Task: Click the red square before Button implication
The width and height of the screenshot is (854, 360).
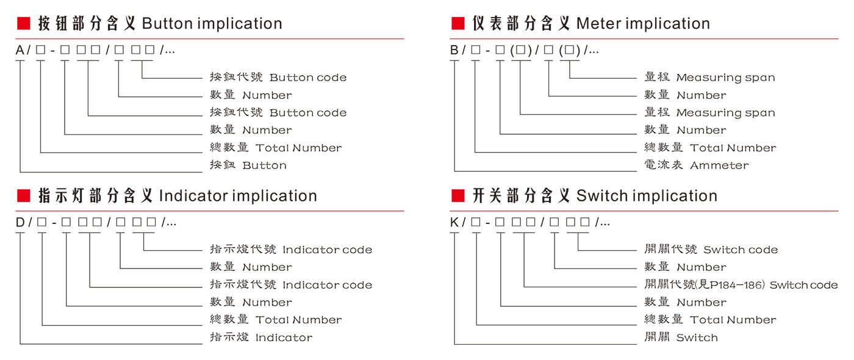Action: click(x=23, y=24)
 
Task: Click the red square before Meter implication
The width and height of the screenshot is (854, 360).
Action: click(x=457, y=24)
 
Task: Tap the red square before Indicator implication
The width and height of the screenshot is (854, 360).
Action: click(x=23, y=196)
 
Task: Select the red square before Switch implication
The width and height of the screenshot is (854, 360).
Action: click(x=457, y=196)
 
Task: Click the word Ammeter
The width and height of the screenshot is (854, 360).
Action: click(x=719, y=165)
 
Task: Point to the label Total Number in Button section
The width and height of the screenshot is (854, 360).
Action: click(x=298, y=148)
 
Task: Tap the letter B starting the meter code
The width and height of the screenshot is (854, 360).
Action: click(x=454, y=51)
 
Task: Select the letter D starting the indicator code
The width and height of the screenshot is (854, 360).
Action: click(x=20, y=223)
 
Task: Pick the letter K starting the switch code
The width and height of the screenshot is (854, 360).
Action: click(x=454, y=223)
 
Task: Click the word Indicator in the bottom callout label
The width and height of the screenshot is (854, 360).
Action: click(x=284, y=337)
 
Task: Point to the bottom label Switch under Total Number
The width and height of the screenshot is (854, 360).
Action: click(x=697, y=337)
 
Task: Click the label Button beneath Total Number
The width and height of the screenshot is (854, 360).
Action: click(x=264, y=165)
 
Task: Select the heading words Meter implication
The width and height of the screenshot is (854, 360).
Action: click(x=643, y=24)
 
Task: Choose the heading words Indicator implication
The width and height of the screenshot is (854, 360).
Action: click(x=238, y=196)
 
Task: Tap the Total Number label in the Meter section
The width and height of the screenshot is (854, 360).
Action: click(x=733, y=148)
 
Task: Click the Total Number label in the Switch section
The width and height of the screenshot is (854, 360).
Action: click(x=733, y=320)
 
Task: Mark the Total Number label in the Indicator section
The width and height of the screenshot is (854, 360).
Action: click(x=298, y=320)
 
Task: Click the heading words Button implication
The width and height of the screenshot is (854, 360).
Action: click(x=212, y=24)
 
